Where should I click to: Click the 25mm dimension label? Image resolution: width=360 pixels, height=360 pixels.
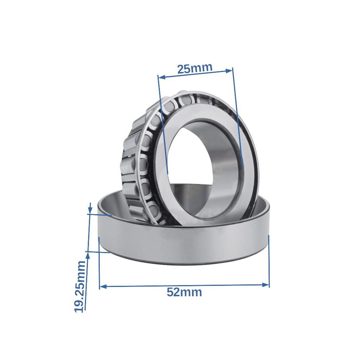[195, 68]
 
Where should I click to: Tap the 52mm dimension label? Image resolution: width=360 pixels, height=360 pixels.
[184, 292]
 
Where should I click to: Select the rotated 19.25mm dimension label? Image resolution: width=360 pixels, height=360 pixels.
[80, 286]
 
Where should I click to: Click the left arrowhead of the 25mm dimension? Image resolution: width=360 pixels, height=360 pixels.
[161, 77]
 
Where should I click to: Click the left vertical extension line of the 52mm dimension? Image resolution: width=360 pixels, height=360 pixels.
[99, 263]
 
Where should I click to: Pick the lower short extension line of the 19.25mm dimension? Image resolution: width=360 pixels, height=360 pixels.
[98, 252]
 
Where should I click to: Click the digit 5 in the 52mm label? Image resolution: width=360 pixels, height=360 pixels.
[170, 292]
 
